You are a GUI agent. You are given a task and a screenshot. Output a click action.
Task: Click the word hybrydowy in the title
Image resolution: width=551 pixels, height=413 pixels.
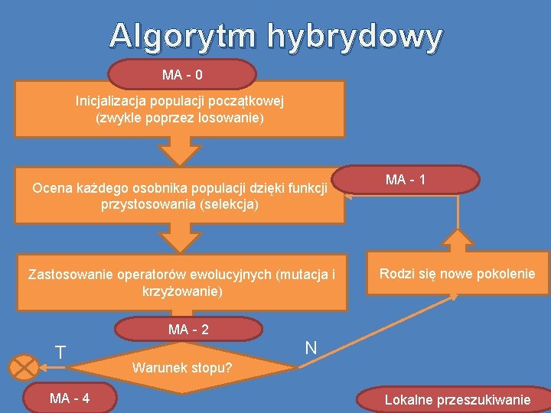355,36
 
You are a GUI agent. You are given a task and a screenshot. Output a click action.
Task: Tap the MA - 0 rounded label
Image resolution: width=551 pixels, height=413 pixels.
182,75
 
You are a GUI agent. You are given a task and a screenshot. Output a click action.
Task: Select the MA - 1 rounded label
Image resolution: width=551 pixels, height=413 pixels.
406,180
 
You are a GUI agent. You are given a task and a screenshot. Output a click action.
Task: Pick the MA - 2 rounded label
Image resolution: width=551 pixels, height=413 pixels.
188,330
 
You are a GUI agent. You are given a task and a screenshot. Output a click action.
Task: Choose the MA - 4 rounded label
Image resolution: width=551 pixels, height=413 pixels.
69,398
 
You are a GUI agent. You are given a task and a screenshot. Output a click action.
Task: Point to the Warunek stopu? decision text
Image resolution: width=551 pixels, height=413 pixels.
182,367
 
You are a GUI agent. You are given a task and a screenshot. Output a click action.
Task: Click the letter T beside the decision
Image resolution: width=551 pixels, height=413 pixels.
60,353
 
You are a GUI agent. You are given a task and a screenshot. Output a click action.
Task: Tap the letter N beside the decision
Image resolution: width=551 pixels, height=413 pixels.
311,348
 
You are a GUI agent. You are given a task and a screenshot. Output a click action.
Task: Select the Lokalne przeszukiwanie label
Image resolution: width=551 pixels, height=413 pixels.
457,399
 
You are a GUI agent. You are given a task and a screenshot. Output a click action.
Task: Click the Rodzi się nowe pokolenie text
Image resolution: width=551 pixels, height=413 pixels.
458,274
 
